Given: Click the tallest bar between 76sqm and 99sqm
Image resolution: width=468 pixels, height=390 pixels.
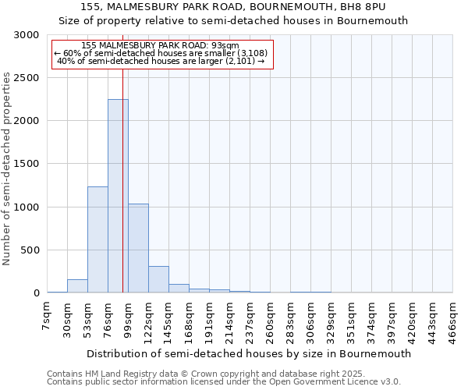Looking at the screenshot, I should (x=118, y=195).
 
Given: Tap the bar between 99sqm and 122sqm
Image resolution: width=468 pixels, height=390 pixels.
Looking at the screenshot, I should (x=138, y=248).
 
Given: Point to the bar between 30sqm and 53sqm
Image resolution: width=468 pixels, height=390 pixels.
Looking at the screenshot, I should (x=77, y=286).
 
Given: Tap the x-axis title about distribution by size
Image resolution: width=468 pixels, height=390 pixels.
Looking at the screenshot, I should (x=249, y=353).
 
